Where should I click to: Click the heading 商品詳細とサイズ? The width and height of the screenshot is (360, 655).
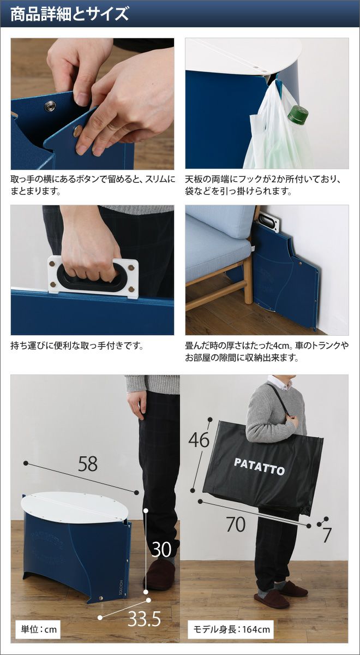pos(69,14)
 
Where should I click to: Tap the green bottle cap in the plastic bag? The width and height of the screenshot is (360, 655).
pos(298,114)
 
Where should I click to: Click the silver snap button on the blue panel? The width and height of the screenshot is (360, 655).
pos(50,106)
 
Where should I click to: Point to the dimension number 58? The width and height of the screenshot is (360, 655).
pos(88,464)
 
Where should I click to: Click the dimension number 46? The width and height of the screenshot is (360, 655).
pos(199,439)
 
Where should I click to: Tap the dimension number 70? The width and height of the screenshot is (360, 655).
pos(236,525)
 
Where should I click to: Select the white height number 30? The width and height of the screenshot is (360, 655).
pos(161,549)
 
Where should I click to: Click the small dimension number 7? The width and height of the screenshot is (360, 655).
pos(327,535)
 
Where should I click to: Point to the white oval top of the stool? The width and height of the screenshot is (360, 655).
pos(75,507)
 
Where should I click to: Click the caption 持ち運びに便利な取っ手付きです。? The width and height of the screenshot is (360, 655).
pos(77,346)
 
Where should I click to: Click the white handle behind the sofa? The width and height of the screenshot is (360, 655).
pos(269,222)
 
